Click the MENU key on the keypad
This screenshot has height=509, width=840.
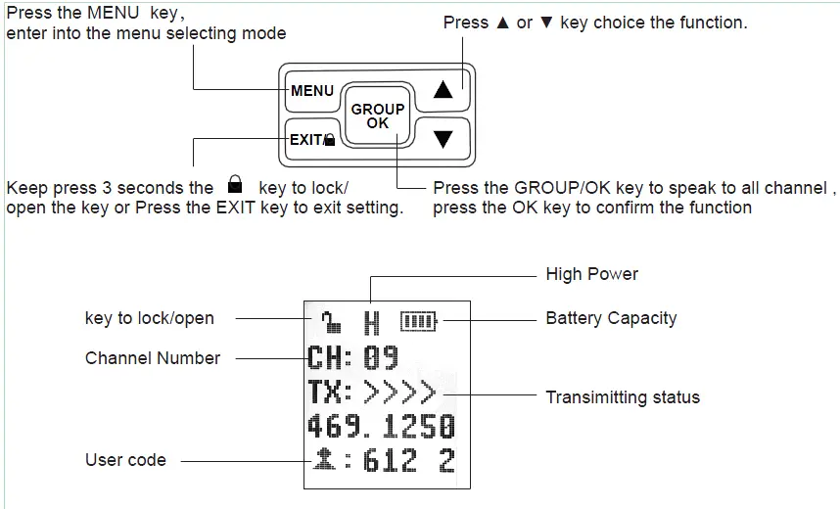[x=312, y=91]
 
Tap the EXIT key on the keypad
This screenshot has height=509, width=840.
[x=312, y=140]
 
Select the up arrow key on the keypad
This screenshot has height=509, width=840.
[x=443, y=89]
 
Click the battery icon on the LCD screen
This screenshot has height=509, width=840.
[x=418, y=321]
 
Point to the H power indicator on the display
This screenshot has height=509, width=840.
[x=372, y=323]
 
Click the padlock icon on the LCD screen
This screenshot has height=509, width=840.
[x=331, y=321]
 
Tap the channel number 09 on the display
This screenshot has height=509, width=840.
[x=382, y=358]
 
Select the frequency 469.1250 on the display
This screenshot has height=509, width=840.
[x=382, y=427]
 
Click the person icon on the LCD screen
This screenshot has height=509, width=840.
[x=324, y=460]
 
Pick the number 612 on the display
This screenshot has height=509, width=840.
[x=390, y=461]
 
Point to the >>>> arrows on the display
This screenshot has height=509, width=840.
[x=399, y=393]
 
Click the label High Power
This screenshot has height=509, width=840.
[x=592, y=274]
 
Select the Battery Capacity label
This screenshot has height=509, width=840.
[x=611, y=318]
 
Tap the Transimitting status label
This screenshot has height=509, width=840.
[x=623, y=397]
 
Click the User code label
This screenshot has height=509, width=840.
[x=126, y=460]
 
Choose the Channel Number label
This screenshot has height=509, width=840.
[x=153, y=358]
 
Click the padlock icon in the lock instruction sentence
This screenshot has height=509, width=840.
[x=235, y=184]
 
